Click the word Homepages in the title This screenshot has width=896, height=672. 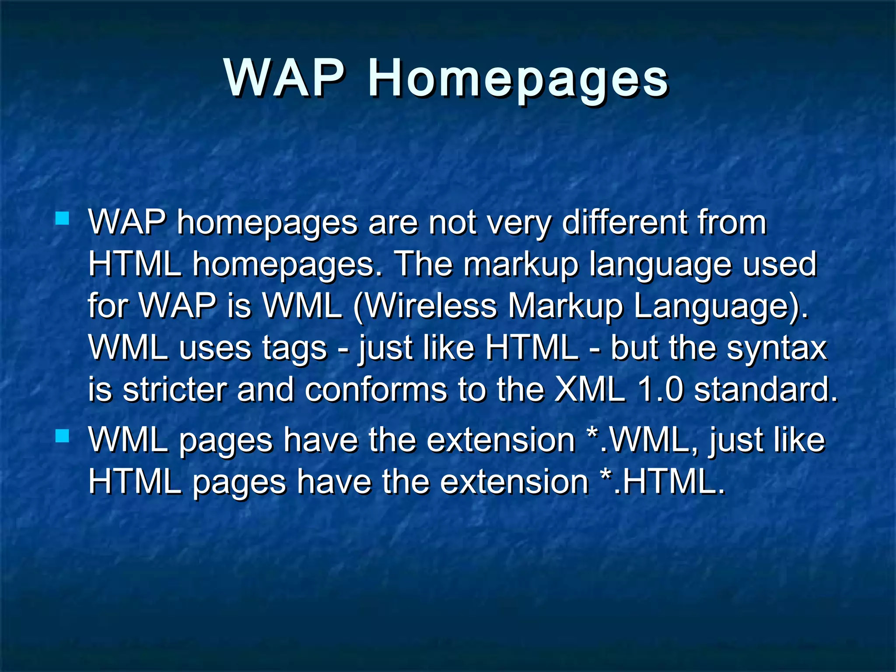pos(518,80)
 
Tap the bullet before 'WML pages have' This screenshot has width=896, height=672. pos(63,435)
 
